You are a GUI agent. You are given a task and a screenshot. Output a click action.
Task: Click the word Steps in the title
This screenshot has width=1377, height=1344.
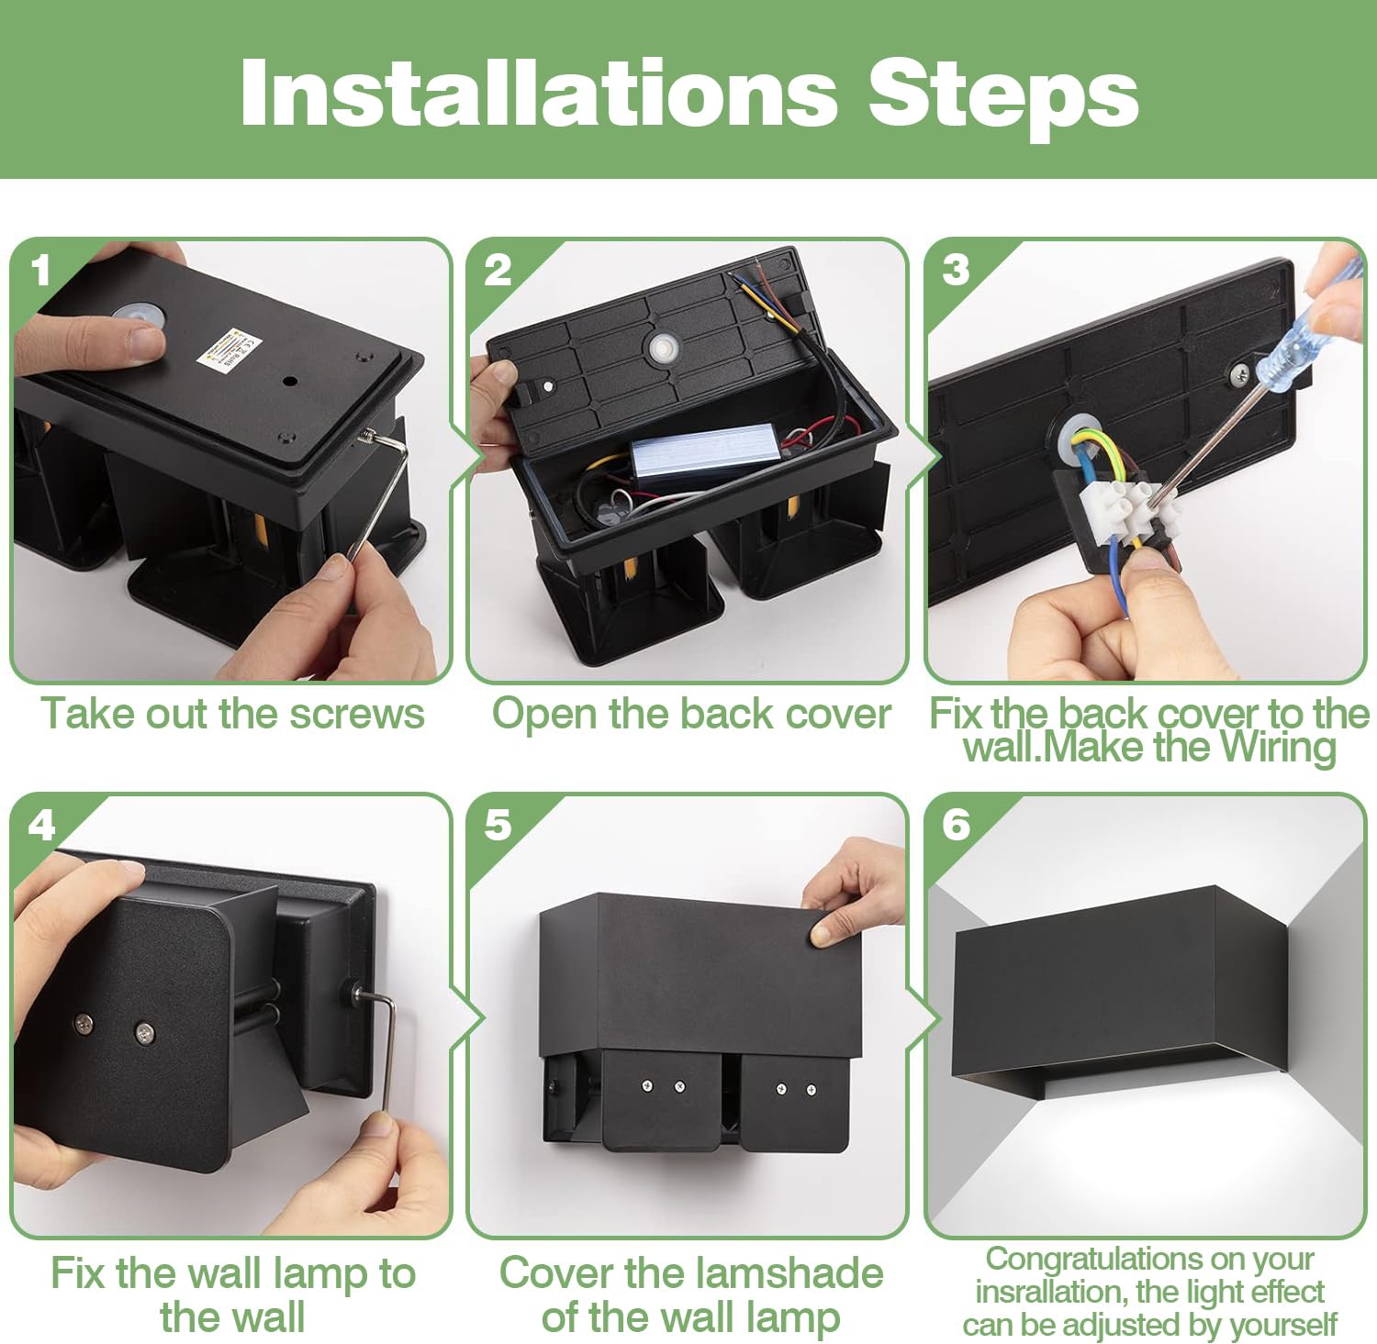[x=1003, y=94]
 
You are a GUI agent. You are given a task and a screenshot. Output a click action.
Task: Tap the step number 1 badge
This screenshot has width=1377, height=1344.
[x=39, y=271]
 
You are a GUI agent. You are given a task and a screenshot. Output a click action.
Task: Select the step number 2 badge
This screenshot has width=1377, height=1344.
[x=498, y=270]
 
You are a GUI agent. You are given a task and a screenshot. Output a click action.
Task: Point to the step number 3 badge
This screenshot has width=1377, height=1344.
[x=956, y=270]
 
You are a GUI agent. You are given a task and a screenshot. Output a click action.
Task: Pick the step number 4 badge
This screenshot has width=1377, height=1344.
[x=41, y=826]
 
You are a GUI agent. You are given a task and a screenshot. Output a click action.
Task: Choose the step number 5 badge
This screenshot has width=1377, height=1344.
[x=498, y=825]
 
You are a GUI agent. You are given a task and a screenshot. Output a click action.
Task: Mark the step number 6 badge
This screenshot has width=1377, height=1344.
[x=956, y=825]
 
